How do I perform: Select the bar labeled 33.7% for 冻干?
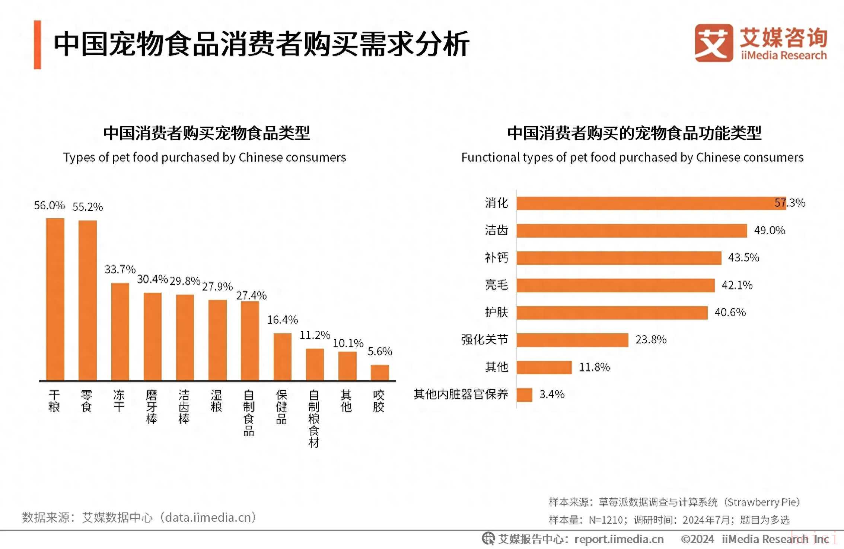click(x=120, y=331)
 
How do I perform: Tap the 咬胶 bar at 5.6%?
click(x=380, y=372)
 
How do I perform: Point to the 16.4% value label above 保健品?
click(x=283, y=320)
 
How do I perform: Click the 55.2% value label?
click(x=87, y=207)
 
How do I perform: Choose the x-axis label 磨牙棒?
click(x=152, y=407)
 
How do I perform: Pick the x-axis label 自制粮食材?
click(x=314, y=418)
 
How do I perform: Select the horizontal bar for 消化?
click(x=651, y=203)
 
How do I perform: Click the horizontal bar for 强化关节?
click(x=572, y=340)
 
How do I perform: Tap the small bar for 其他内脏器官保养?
click(x=524, y=395)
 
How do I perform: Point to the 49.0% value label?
click(x=770, y=231)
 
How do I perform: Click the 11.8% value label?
click(x=595, y=367)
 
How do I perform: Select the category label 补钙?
click(x=496, y=258)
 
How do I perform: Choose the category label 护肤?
click(x=496, y=312)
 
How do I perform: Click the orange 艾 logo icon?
click(x=713, y=43)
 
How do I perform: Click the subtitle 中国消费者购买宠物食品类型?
click(x=207, y=133)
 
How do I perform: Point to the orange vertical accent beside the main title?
click(x=37, y=45)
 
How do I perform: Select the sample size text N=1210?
click(x=606, y=520)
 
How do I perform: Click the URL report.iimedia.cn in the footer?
click(x=619, y=539)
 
